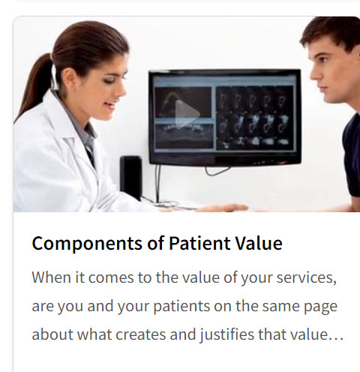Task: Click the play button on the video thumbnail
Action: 186,115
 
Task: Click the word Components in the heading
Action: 87,244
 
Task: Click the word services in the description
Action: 306,277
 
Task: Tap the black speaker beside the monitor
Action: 131,177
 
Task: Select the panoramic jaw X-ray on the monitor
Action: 184,136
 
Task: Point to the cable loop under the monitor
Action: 217,171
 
